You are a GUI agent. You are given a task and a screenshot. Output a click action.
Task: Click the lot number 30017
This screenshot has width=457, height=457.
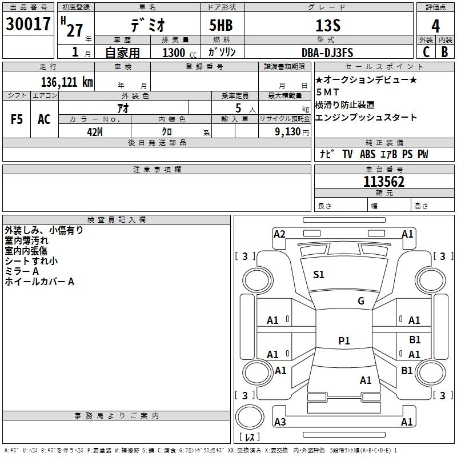coord(28,25)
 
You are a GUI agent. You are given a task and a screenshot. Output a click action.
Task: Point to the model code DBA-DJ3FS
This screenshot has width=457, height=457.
coord(327,53)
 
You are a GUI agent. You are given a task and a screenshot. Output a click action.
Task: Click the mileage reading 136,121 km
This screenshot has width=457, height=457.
coord(67,82)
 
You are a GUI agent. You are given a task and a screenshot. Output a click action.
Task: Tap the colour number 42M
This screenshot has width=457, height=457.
coord(94,131)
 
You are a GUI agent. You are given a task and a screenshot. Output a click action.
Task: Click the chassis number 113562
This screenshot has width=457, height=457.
coord(384,182)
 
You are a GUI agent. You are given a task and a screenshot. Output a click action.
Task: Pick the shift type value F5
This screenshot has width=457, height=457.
coord(17,119)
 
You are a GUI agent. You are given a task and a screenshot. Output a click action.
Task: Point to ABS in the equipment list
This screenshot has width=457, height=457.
coord(368,154)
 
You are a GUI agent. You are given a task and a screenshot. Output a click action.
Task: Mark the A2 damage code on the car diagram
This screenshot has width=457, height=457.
coord(279,234)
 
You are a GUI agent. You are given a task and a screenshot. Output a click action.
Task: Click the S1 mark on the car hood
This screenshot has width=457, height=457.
coord(319,275)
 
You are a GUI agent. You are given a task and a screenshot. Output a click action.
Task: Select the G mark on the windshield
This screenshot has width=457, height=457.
coord(361,301)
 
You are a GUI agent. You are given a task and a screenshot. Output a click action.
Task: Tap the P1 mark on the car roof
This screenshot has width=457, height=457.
coord(344,340)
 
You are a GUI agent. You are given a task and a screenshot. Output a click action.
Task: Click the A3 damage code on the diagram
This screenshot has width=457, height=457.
coord(280,422)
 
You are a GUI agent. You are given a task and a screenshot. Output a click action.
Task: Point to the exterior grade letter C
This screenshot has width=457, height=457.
coord(426,52)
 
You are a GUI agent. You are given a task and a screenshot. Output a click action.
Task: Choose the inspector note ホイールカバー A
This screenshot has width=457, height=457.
coord(39,282)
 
